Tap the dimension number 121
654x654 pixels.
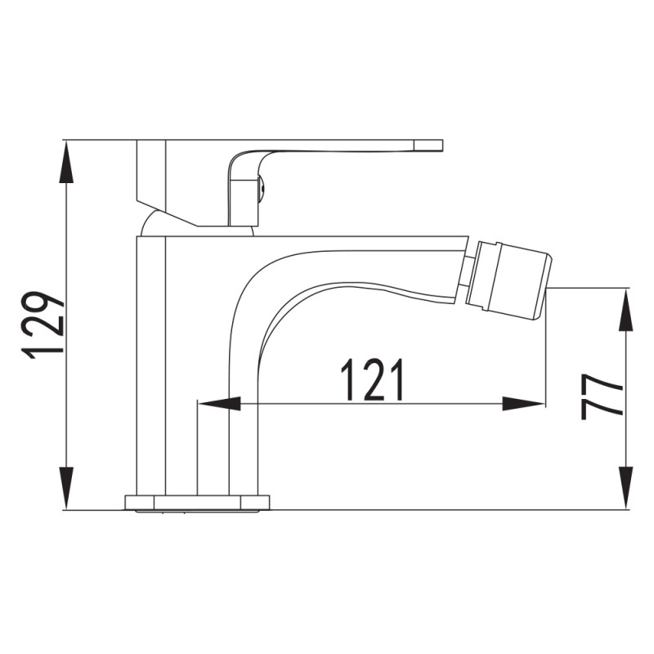point(373,379)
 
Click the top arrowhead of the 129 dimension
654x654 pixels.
point(67,161)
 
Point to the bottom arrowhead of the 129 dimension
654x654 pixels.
point(67,488)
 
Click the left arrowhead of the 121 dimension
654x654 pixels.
point(219,404)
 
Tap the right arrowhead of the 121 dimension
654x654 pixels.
point(523,404)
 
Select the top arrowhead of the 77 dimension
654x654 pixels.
point(625,310)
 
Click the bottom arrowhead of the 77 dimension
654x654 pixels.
point(625,488)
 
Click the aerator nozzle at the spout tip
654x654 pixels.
point(508,277)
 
